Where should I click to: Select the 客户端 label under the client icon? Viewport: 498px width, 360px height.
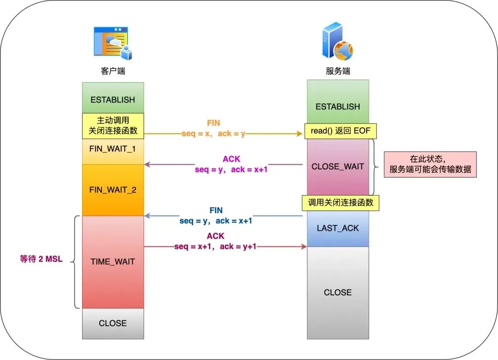point(113,71)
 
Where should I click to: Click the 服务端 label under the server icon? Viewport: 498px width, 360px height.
point(338,71)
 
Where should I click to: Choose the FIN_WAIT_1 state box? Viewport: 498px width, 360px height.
point(113,150)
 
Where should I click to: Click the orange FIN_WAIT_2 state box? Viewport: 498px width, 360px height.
point(113,190)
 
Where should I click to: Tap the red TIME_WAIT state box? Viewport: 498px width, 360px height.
point(113,262)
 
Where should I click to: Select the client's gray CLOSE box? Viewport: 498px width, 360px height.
point(113,323)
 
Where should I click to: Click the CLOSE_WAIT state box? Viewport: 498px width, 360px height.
point(338,167)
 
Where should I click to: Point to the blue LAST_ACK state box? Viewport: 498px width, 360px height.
point(338,228)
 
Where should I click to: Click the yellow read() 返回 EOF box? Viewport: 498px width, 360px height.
point(341,131)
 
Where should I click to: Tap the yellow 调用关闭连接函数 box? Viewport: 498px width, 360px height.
point(340,203)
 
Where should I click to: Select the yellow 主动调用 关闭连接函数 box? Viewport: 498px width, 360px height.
point(113,125)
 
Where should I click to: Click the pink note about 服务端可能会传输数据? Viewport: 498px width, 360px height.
point(430,164)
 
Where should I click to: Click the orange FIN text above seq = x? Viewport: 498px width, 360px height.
point(213,123)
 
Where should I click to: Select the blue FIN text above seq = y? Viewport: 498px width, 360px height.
point(216,211)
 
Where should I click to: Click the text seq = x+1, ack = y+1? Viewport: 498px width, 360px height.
point(215,246)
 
